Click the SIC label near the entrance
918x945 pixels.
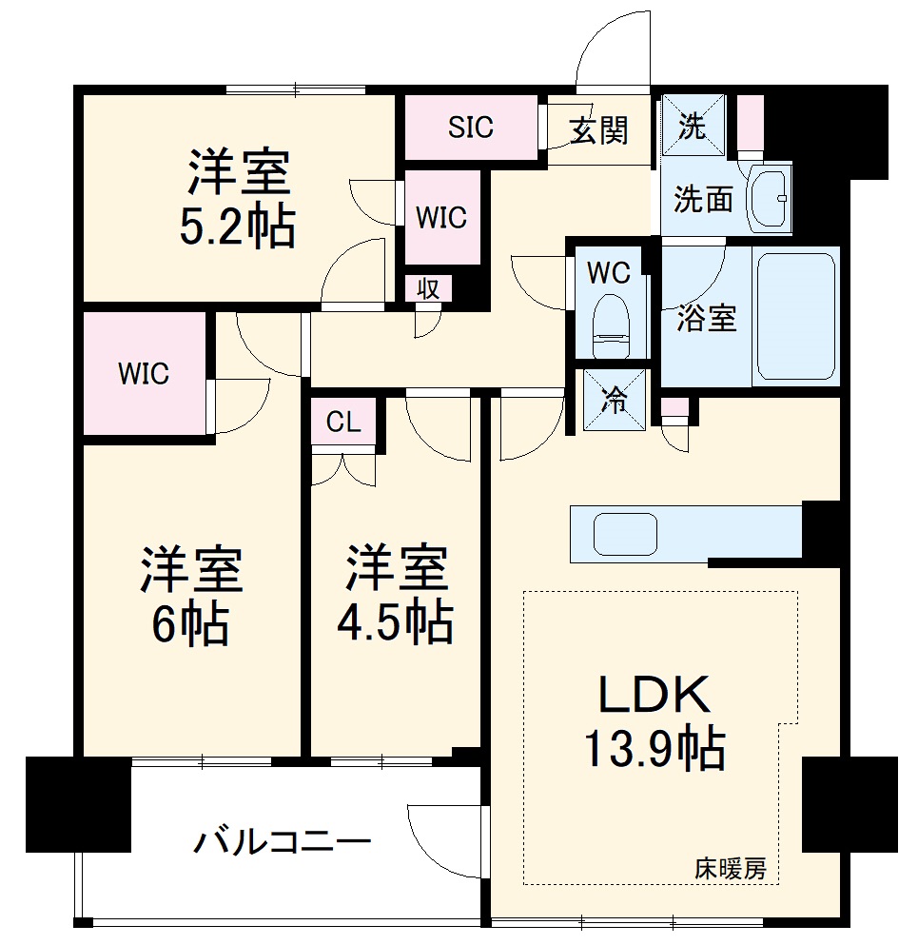[x=471, y=128]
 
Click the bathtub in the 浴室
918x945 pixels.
[x=795, y=316]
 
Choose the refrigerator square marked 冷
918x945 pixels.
[x=615, y=401]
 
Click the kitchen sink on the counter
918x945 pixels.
[x=627, y=533]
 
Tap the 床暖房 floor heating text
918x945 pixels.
[x=730, y=868]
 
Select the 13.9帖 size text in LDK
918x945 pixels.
[x=654, y=750]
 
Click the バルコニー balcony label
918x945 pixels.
[x=283, y=842]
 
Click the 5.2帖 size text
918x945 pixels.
[x=238, y=226]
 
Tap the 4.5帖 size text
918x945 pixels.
[x=395, y=622]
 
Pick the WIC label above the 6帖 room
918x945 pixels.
[x=144, y=374]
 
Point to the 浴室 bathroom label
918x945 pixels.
[x=707, y=319]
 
